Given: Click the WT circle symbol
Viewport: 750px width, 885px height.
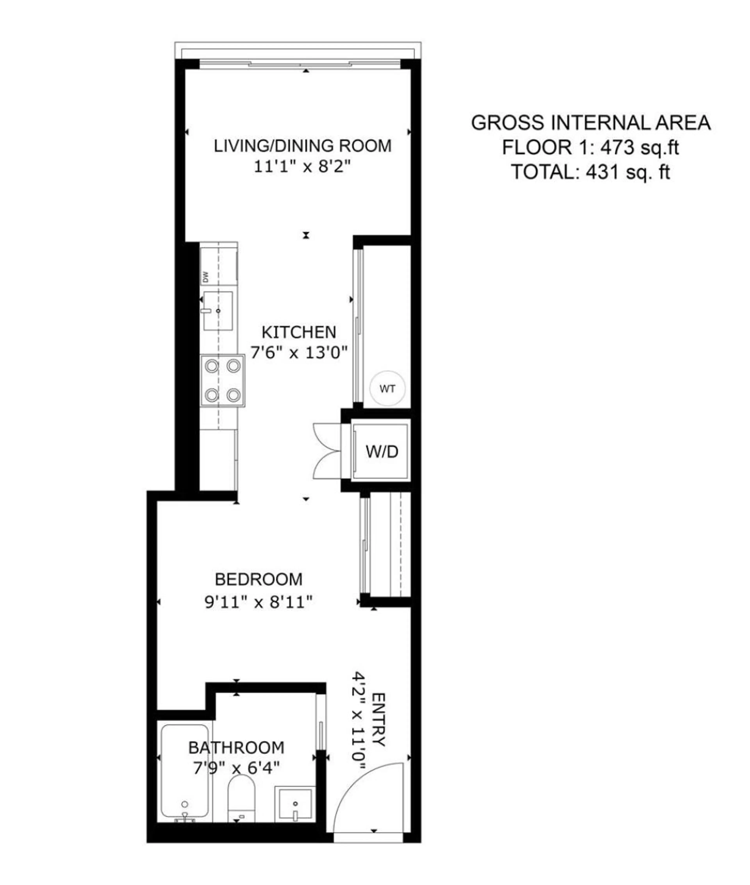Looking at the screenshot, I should click(x=387, y=388).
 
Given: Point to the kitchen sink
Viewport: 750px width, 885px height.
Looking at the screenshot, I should click(x=218, y=311).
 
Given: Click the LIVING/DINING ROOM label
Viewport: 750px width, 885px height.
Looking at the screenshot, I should click(x=302, y=146).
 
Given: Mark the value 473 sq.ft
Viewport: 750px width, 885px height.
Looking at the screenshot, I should click(x=639, y=148).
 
